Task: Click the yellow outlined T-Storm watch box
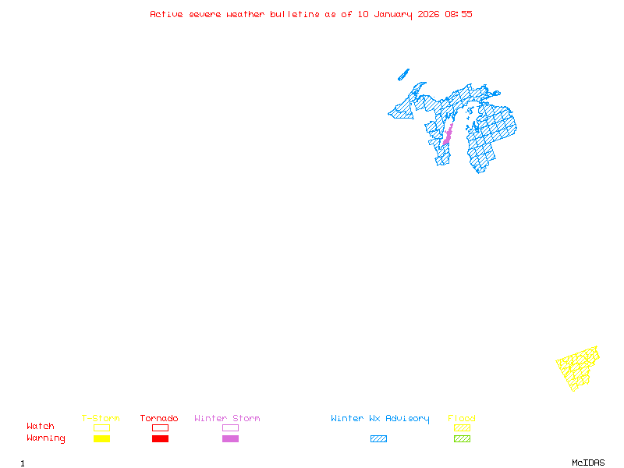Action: tap(101, 427)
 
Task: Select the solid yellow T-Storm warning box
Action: tap(101, 439)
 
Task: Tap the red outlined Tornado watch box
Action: tap(160, 427)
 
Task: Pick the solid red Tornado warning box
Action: tap(160, 439)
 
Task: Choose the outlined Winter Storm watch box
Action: tap(230, 427)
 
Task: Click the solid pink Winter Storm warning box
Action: tap(230, 439)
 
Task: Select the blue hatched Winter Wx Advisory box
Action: tap(378, 439)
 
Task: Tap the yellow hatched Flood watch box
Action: tap(462, 427)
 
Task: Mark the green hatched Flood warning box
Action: tap(462, 439)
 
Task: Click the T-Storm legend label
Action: tap(101, 419)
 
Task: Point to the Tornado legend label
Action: tap(159, 419)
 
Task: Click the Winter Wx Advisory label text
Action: tap(380, 419)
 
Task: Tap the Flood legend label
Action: tap(462, 419)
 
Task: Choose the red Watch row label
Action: tap(41, 427)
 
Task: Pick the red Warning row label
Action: tap(46, 438)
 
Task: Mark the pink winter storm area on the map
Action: tap(448, 134)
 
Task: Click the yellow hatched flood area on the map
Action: tap(578, 367)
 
